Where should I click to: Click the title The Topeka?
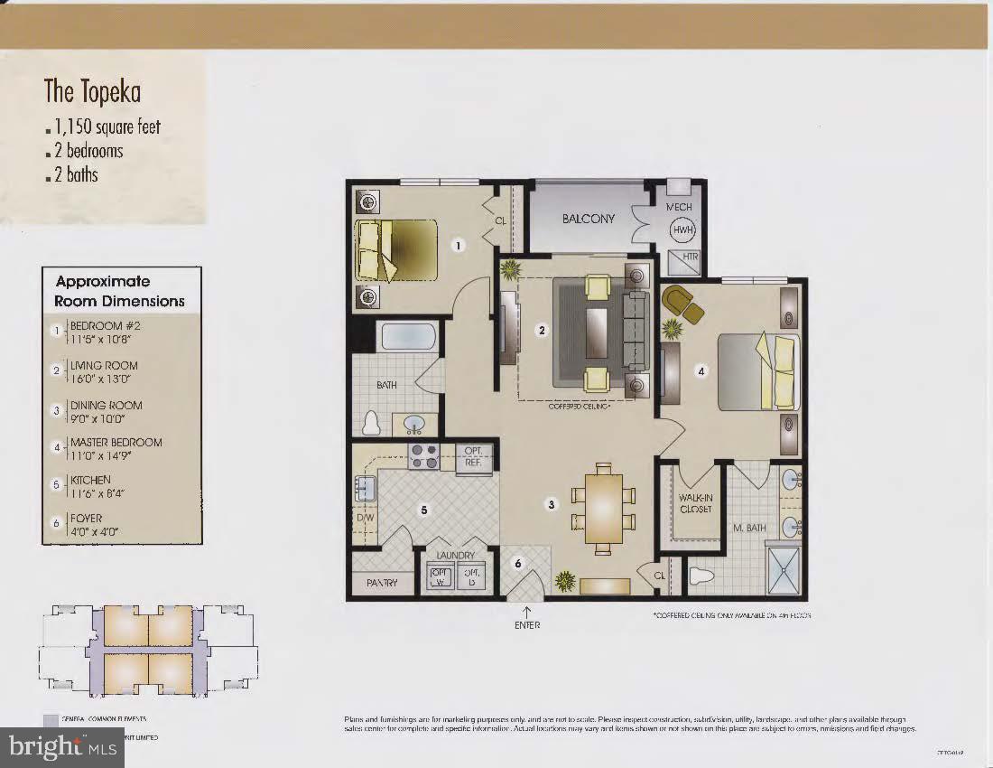pos(92,91)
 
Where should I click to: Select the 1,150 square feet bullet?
pos(107,126)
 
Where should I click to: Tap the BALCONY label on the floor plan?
pos(588,219)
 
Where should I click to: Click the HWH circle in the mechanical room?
pos(682,230)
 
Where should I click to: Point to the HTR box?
pos(690,258)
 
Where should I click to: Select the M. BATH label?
pos(749,528)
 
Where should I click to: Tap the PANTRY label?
pos(382,584)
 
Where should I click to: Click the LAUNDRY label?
pos(455,555)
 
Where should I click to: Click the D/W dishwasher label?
pos(366,519)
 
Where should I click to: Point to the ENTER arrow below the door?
pos(527,613)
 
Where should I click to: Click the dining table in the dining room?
pos(601,507)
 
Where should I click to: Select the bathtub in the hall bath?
pos(409,337)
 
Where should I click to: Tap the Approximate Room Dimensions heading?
pos(120,291)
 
